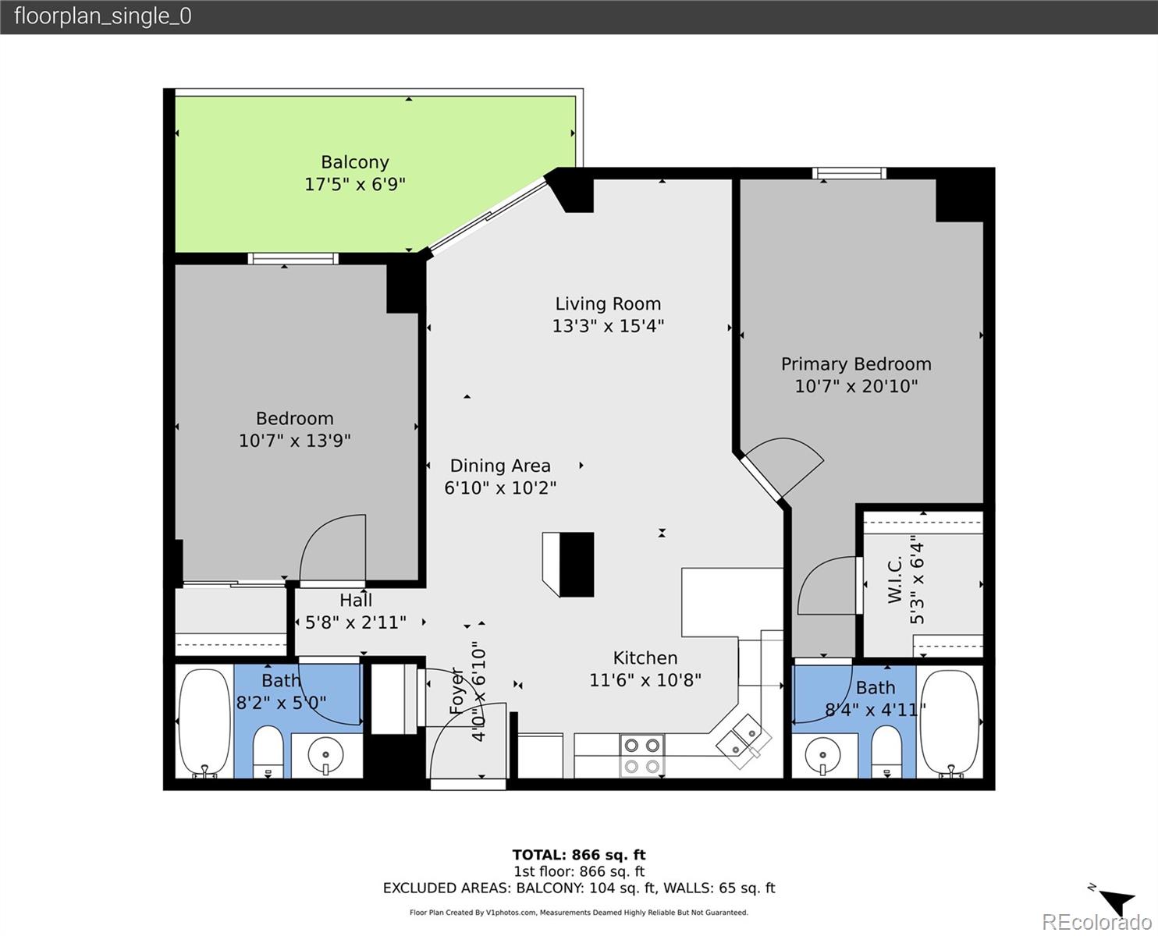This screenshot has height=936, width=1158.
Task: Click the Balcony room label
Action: [355, 162]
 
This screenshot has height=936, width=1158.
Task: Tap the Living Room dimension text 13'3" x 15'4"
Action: [608, 326]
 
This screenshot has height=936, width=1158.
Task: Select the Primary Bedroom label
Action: [856, 364]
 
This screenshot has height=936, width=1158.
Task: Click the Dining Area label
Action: [500, 466]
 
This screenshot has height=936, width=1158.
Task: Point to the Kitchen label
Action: [645, 658]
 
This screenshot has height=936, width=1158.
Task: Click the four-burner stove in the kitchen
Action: [641, 755]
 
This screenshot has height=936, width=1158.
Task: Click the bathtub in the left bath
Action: [204, 721]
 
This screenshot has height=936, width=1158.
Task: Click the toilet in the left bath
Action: [268, 752]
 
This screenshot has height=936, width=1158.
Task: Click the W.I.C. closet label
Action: [895, 579]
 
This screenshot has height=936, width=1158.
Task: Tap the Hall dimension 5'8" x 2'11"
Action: [356, 622]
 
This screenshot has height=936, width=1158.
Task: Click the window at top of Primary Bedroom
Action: [849, 173]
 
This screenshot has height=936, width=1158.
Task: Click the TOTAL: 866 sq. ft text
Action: [579, 855]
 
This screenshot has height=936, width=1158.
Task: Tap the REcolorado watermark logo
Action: [1096, 922]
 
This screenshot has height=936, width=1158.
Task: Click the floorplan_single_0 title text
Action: [103, 16]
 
